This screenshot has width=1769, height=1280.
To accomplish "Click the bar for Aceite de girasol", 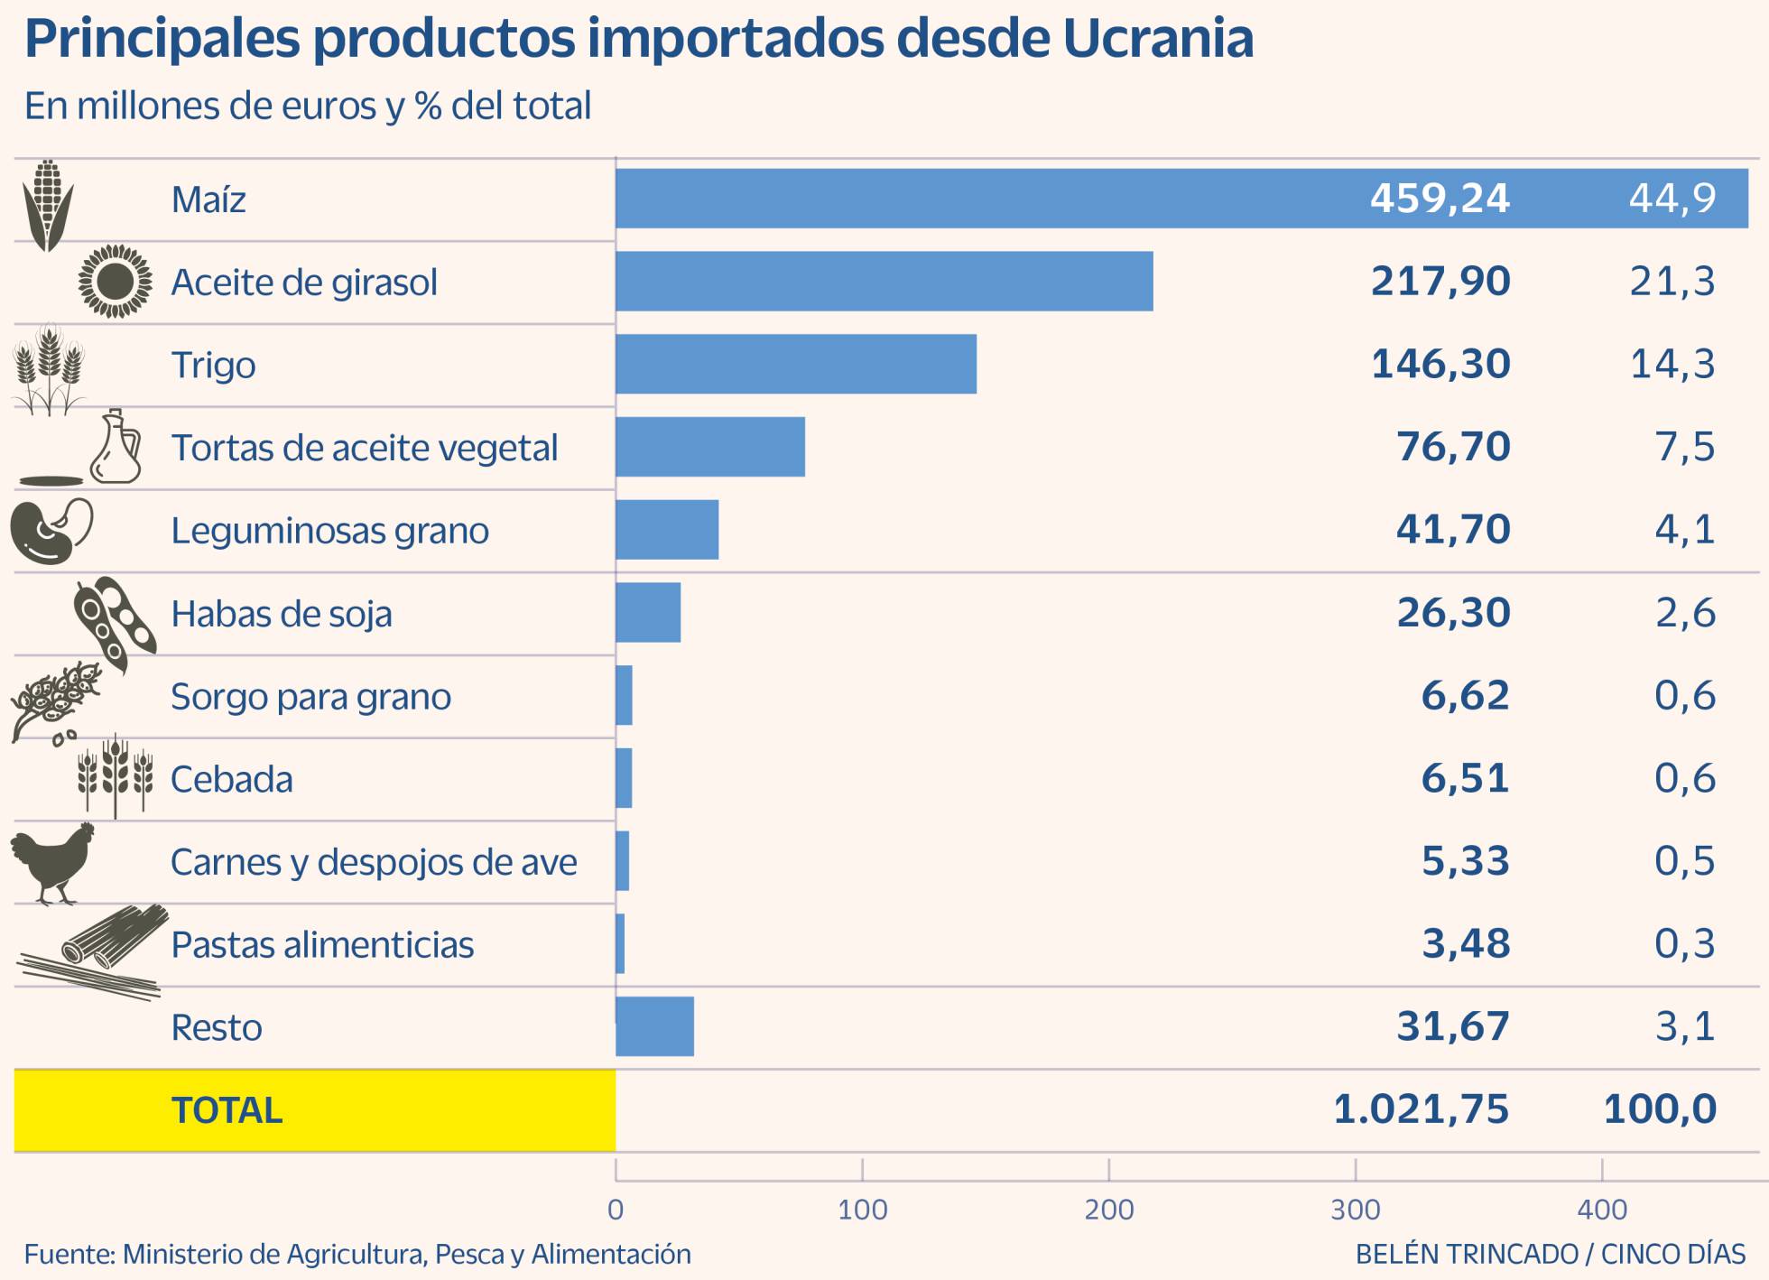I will point(884,282).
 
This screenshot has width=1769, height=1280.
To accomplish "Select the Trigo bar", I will point(795,364).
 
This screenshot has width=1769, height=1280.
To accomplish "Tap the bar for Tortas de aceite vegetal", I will point(709,447).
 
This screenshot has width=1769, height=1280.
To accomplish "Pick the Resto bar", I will point(654,1026).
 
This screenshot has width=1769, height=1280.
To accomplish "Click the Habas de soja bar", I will point(648,612).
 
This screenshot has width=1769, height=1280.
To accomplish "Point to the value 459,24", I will point(1440,198).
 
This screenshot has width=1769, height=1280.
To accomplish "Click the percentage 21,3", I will point(1672,282).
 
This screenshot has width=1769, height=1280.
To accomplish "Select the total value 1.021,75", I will point(1421,1109).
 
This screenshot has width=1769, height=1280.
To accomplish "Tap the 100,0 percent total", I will point(1659,1109).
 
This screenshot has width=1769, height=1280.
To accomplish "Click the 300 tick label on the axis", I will point(1355,1210).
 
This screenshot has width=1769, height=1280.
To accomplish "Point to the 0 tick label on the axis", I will point(616,1210).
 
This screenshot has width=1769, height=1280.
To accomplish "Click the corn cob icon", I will point(47,205).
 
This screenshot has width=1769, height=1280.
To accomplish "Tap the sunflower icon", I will point(115,282).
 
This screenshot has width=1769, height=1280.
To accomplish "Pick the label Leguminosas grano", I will point(329,531).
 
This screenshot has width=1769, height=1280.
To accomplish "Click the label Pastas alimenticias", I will point(322,945).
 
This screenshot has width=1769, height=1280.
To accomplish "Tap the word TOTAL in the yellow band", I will point(227,1110).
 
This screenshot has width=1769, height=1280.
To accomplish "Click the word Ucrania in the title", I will point(1158,39).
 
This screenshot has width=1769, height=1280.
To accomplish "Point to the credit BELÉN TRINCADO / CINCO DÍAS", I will point(1550,1255).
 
